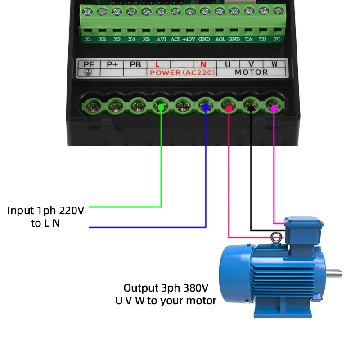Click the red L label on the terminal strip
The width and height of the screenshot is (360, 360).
(157, 64)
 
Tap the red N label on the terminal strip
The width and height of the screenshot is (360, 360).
(203, 64)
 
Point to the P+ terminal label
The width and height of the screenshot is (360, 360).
(112, 64)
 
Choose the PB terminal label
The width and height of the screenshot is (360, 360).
(135, 64)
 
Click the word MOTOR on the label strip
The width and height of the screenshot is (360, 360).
(252, 72)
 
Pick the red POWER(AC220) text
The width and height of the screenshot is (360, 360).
(183, 72)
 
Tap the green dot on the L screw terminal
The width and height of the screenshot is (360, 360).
(161, 107)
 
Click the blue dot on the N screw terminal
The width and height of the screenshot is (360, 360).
(206, 107)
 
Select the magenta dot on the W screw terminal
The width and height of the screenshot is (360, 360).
(273, 107)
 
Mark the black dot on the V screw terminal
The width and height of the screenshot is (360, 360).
(251, 107)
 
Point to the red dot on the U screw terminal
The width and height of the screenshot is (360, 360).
(229, 108)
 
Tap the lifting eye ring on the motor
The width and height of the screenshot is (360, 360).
(275, 237)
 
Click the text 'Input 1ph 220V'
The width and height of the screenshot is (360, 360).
(45, 210)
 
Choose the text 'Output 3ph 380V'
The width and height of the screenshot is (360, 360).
(166, 288)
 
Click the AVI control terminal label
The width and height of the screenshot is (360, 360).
(161, 39)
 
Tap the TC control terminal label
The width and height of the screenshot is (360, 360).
(277, 39)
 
